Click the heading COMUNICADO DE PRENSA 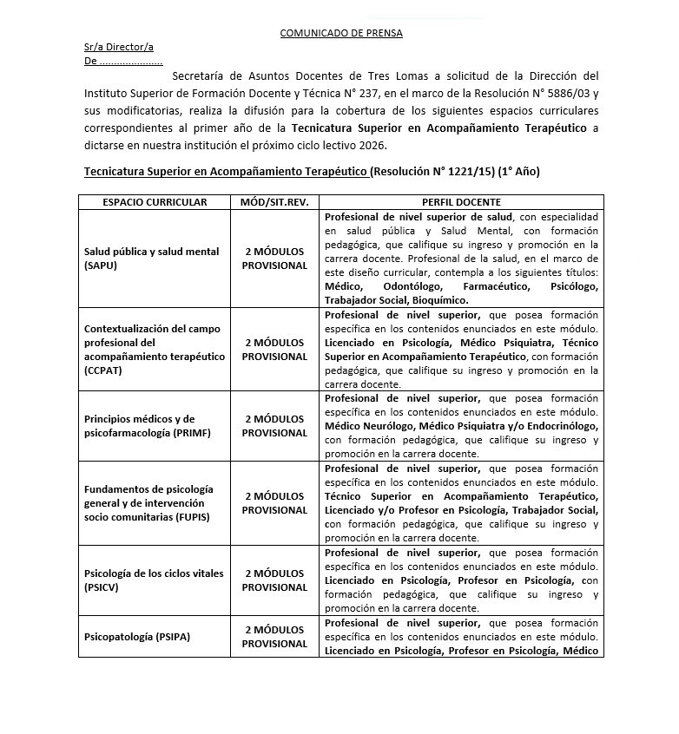click(340, 33)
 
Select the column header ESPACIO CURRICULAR click(155, 202)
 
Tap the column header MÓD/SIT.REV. click(274, 202)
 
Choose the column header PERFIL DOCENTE click(460, 202)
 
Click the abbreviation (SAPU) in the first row click(101, 265)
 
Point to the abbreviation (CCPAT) click(103, 370)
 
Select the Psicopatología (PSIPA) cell click(137, 637)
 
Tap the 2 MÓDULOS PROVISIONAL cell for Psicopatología click(274, 637)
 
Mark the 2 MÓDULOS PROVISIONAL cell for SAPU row click(274, 259)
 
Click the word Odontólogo click(407, 285)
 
